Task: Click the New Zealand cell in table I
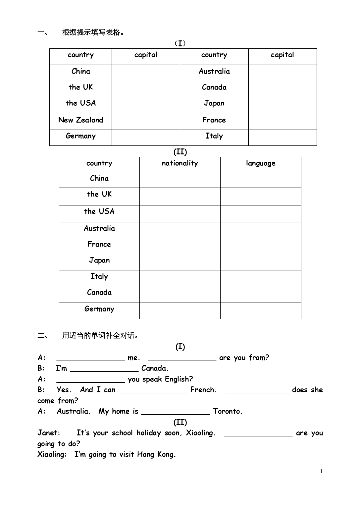80,120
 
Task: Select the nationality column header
180,163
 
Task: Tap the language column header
261,163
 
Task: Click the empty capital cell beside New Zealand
146,122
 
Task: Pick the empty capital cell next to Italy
282,138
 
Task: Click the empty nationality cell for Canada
180,294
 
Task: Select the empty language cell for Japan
261,262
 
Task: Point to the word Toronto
228,412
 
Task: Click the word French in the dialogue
203,390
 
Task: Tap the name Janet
49,433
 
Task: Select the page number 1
321,472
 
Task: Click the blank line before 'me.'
90,358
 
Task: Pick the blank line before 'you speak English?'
90,379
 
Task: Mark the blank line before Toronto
176,412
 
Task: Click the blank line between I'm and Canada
104,368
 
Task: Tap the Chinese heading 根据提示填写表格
93,32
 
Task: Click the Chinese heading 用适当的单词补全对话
100,336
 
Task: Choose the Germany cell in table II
99,309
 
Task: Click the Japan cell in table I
214,103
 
